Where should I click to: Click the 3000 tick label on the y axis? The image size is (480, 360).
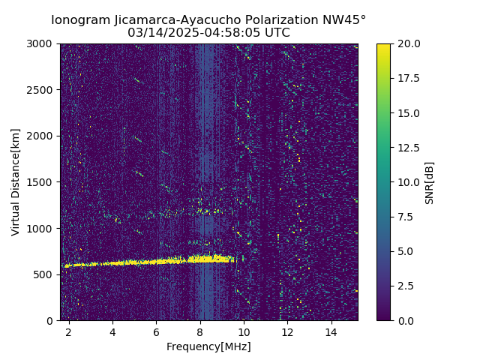(42, 43)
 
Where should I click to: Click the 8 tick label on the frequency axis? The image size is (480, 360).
(199, 331)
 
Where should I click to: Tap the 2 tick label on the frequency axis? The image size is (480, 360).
(69, 331)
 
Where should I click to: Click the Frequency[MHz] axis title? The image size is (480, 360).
(208, 346)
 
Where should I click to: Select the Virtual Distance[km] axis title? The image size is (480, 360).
(16, 181)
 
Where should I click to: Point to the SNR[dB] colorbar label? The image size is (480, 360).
(430, 182)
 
